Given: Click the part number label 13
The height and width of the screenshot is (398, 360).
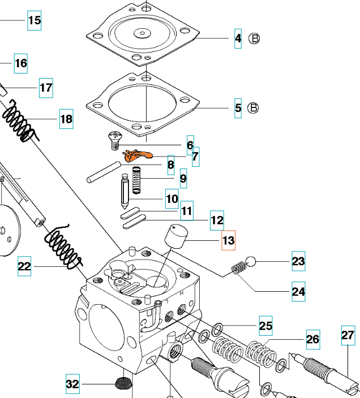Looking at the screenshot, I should coord(228,240).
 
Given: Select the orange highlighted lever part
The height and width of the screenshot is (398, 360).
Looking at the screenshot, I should coord(139,154).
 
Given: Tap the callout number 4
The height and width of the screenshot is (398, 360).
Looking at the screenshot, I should coord(238,38).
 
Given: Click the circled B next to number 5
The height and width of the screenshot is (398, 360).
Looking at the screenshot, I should coord(254,107).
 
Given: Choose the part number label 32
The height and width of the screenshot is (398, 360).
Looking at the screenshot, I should coord(72,384).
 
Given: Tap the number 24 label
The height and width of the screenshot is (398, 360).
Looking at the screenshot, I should coord(298,292).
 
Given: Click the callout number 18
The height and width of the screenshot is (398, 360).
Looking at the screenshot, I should coord(66,119).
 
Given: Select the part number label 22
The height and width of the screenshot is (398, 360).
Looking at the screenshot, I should coord(24,266).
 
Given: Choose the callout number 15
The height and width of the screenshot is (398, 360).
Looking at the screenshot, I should coord(35,20).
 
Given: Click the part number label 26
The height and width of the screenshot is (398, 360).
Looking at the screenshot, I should coord(312,339).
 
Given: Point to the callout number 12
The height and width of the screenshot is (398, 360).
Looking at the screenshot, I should coord(217,220).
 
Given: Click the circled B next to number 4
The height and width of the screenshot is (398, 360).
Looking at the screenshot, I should coord(254,38).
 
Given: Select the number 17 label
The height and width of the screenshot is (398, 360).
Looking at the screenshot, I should coord(46,88).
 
